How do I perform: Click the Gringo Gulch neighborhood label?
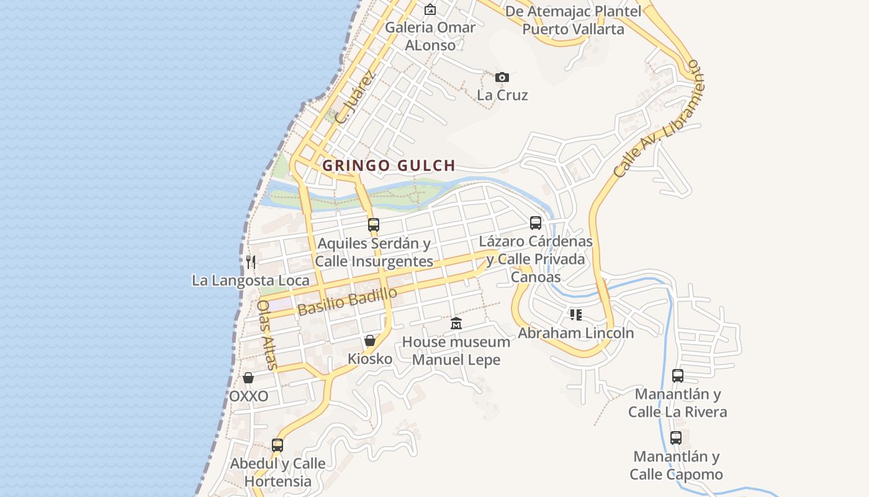click(x=389, y=165)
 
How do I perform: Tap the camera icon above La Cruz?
click(x=502, y=77)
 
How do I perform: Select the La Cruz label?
click(x=502, y=95)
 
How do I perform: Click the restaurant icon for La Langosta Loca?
click(x=251, y=262)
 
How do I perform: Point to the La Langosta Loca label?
click(x=250, y=280)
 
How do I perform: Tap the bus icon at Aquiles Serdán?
click(x=373, y=224)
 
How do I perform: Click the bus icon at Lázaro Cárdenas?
click(x=535, y=222)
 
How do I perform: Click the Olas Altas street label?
click(x=266, y=334)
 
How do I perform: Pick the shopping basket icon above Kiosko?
click(x=370, y=340)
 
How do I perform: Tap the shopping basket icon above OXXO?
click(x=248, y=378)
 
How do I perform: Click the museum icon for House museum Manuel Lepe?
click(x=456, y=323)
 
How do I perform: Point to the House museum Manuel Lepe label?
click(x=456, y=351)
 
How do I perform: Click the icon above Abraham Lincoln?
click(x=576, y=315)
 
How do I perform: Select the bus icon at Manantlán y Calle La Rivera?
click(x=677, y=375)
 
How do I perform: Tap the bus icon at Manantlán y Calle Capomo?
click(x=676, y=438)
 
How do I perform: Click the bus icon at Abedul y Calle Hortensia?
click(x=277, y=445)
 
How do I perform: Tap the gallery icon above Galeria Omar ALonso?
click(x=430, y=9)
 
